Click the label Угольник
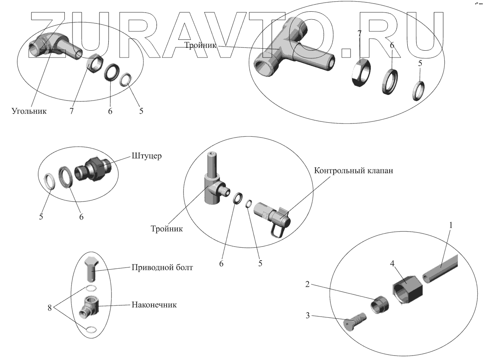(x=29, y=111)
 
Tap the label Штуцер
(x=147, y=156)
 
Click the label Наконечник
(x=154, y=305)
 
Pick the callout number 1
(x=451, y=226)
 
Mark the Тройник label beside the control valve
(x=167, y=229)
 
